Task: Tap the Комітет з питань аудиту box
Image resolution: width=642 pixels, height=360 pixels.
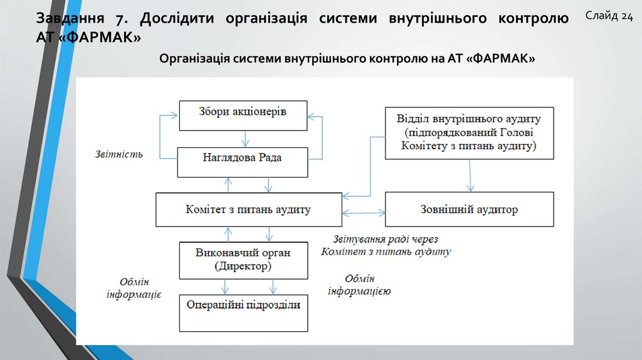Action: [249, 209]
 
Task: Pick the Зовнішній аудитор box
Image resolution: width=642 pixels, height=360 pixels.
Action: [469, 209]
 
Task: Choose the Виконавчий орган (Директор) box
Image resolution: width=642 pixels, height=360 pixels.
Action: [243, 260]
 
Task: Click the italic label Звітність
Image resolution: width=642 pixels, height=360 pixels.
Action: [119, 154]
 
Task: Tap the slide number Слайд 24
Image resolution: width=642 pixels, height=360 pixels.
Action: [609, 16]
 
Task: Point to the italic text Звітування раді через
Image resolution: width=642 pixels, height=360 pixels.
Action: [386, 239]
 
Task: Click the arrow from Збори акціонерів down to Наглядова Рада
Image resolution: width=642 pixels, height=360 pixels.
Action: [243, 139]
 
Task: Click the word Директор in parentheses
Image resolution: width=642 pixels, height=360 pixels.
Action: [244, 267]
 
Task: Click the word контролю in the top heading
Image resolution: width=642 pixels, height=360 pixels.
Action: [533, 18]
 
